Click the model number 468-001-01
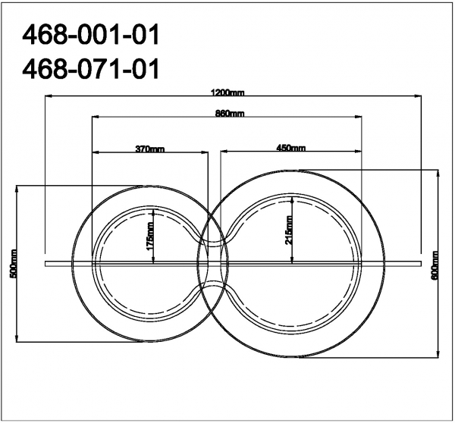pos(91,35)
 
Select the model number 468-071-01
pos(91,69)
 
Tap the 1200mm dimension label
pos(227,92)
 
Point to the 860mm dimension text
pos(230,113)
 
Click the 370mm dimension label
pos(150,149)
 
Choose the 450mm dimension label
pos(290,148)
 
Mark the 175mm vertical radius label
pos(149,236)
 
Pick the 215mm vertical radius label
pos(289,230)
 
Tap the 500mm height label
pos(14,264)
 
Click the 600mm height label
pos(435,265)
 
